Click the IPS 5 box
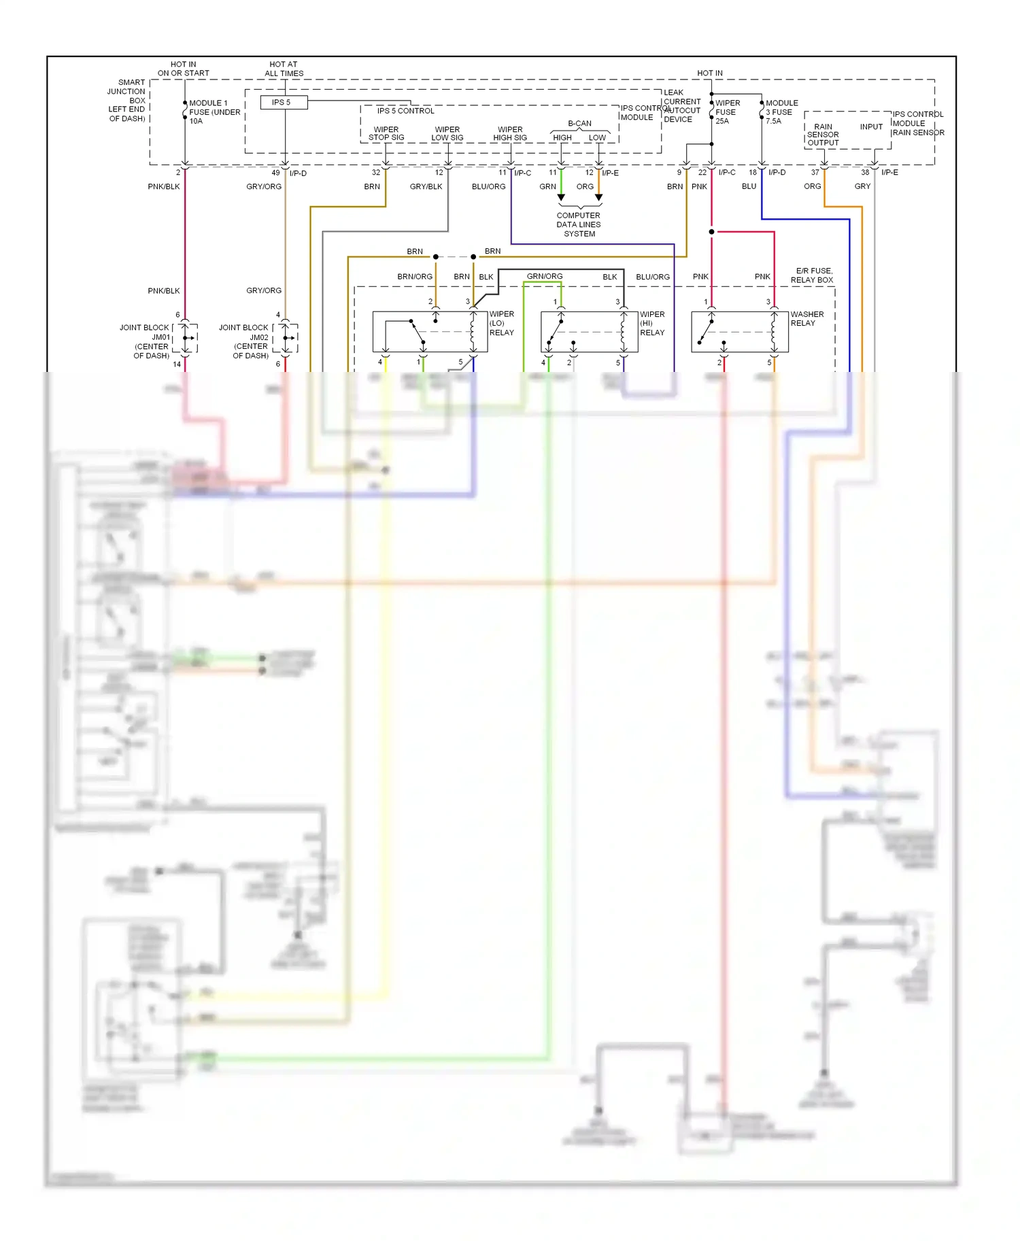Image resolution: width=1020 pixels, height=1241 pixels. [284, 103]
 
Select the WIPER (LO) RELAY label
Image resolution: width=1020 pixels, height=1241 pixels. [502, 323]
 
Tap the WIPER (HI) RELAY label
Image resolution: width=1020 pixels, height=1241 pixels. [652, 323]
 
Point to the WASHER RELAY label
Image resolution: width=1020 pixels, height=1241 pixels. [806, 318]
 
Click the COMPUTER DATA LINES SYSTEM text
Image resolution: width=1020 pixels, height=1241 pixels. [579, 224]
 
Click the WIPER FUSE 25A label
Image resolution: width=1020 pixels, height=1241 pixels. [727, 112]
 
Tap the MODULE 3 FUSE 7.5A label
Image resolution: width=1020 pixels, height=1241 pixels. [781, 112]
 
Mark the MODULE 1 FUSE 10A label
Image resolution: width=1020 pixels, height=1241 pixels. [214, 112]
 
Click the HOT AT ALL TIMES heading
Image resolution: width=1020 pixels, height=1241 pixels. [284, 69]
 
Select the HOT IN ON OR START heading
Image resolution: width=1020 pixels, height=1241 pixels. [183, 69]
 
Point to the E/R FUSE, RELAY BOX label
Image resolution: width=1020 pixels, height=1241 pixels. [813, 275]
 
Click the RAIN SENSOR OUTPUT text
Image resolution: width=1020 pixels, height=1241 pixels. [823, 135]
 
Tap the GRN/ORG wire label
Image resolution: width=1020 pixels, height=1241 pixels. [545, 276]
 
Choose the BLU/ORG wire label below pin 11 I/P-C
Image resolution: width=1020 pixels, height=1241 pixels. [488, 186]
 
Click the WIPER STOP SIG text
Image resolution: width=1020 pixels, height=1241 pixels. [386, 133]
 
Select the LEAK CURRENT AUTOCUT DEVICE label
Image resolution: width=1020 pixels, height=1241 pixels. [681, 106]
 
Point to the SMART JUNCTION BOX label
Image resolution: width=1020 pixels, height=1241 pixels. [128, 100]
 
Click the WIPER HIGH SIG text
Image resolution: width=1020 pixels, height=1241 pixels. [510, 133]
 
